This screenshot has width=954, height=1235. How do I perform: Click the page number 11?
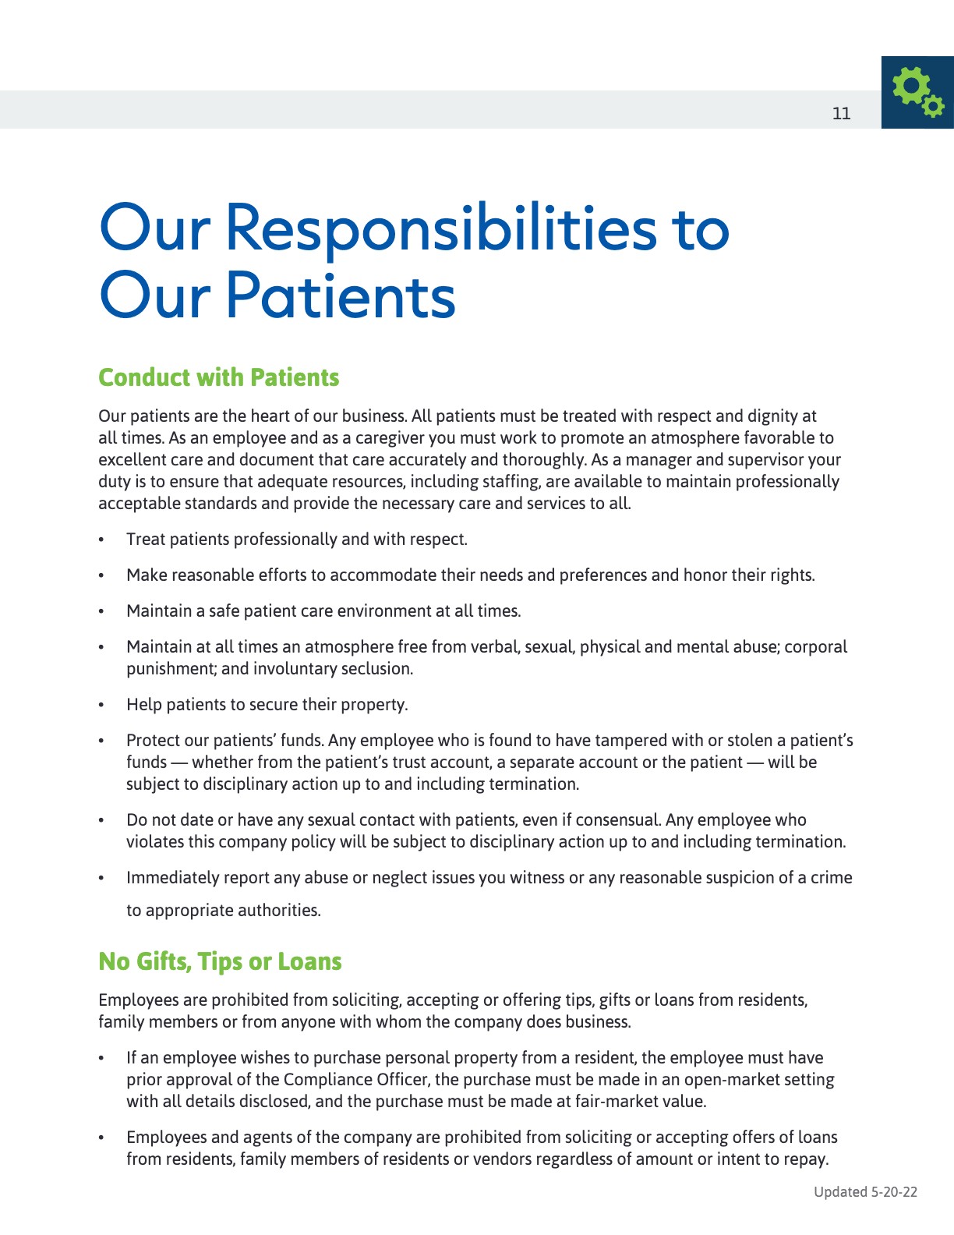pos(841,113)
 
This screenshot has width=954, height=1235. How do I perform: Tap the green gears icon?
pos(917,92)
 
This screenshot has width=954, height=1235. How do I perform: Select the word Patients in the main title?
pos(341,296)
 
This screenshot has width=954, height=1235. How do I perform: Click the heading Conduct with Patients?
pos(218,377)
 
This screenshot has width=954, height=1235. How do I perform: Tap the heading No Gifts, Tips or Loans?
pos(220,961)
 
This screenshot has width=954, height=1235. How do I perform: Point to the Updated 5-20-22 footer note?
pos(865,1191)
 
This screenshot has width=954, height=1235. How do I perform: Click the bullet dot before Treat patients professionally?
pos(101,540)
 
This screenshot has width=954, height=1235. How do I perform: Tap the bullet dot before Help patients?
pos(101,705)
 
